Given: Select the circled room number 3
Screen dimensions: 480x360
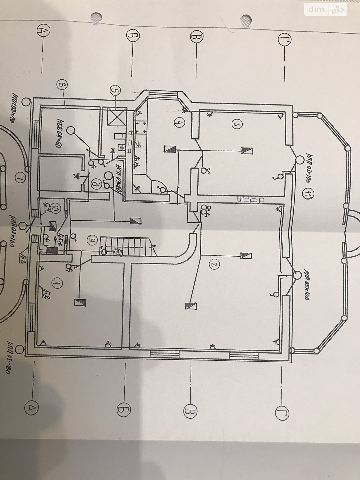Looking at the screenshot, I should click(x=237, y=124).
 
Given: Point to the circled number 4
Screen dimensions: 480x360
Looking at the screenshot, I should click(x=179, y=122).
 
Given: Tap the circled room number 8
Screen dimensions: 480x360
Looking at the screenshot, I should click(x=96, y=184).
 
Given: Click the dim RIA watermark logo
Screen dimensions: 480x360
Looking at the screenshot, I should click(x=325, y=10).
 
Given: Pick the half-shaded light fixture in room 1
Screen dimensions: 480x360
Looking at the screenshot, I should click(x=80, y=302).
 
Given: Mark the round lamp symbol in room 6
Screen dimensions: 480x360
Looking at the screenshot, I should click(x=71, y=130).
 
